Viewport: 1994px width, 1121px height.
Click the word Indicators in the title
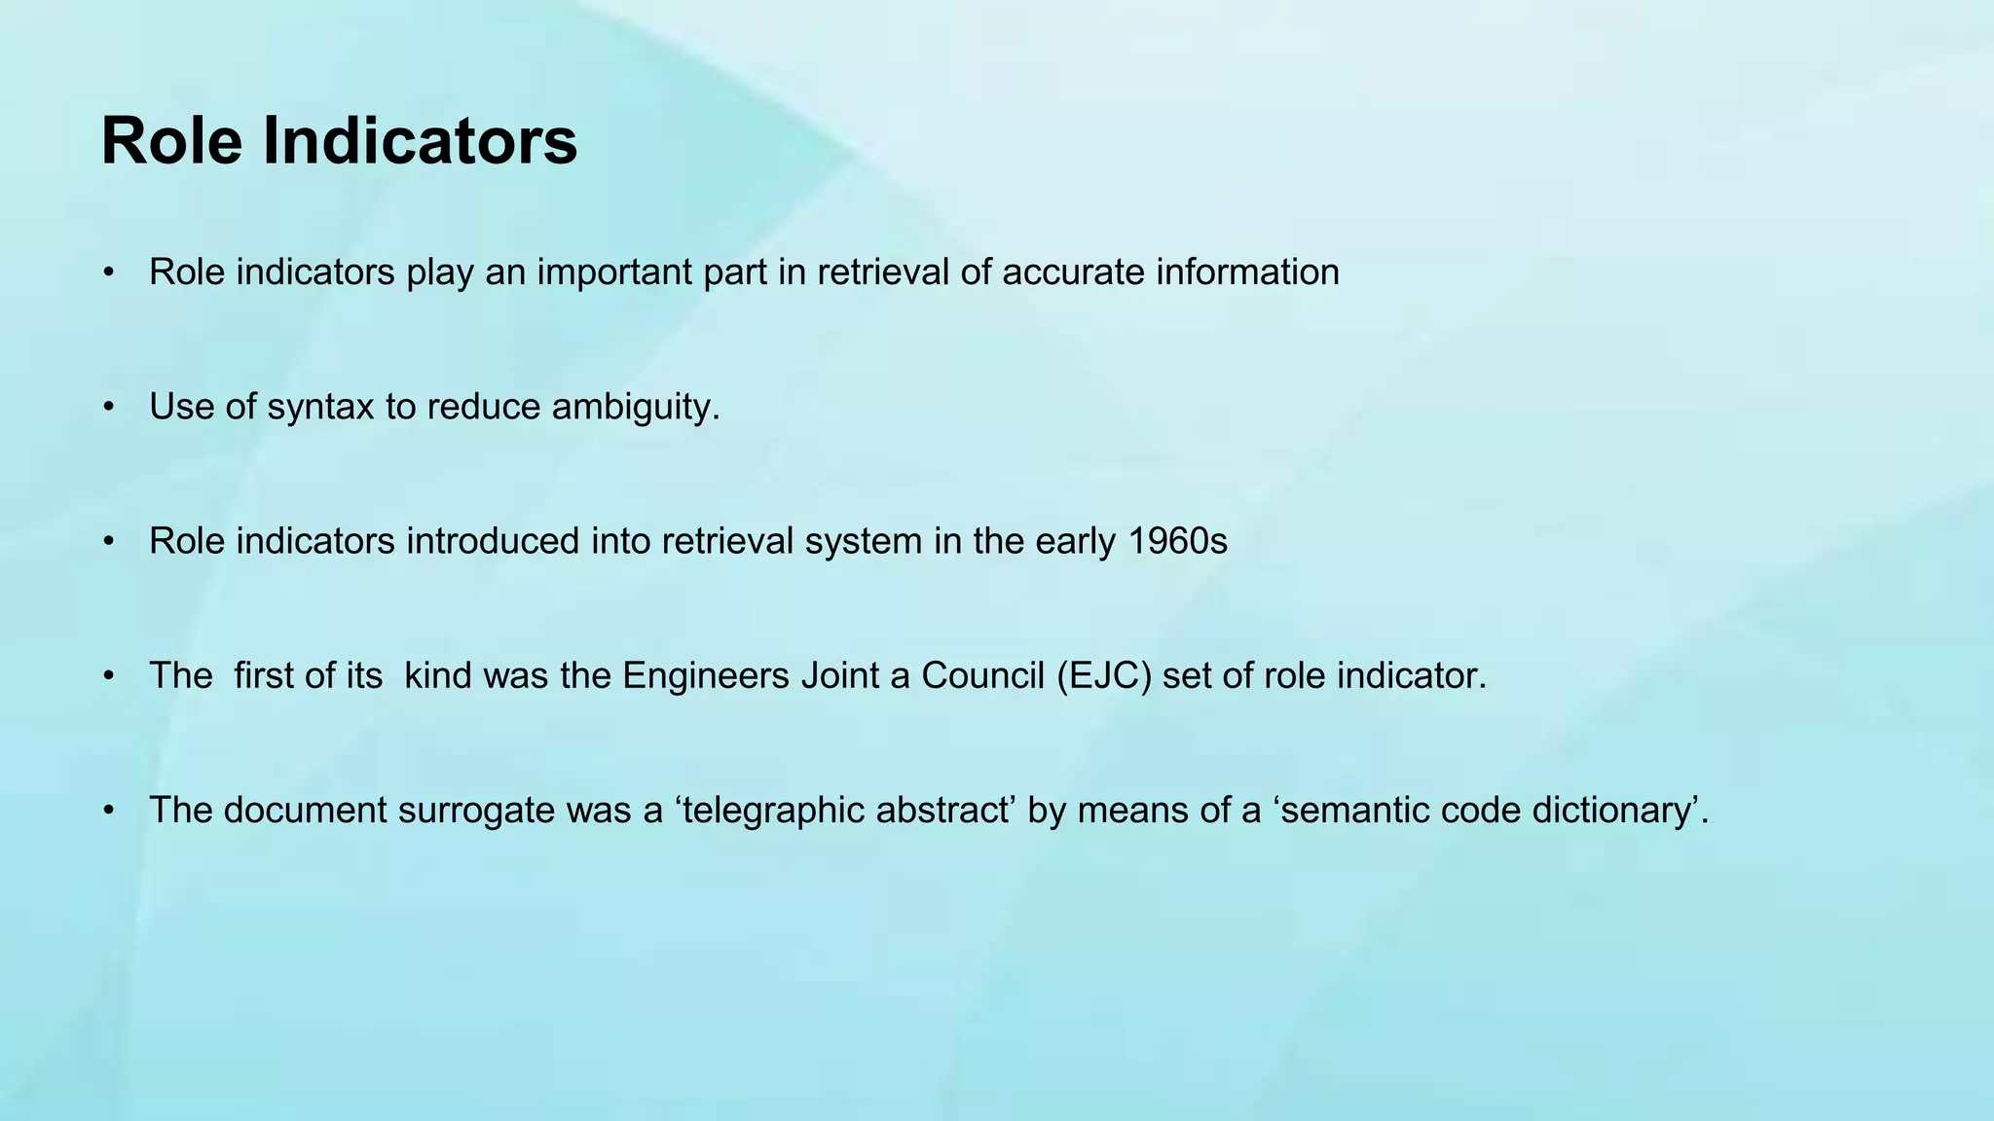[x=420, y=141]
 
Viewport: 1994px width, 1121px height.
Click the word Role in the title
[x=171, y=141]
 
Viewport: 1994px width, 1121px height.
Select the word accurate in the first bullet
[x=1073, y=272]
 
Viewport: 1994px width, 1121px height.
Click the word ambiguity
[x=635, y=407]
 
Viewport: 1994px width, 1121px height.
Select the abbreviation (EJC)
[x=1104, y=675]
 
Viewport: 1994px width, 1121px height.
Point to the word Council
[x=983, y=675]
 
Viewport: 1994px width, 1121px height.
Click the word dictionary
[x=1612, y=810]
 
